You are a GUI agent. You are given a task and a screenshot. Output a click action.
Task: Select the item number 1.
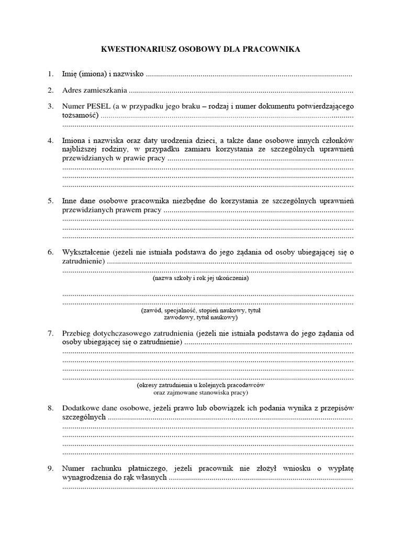tap(50, 75)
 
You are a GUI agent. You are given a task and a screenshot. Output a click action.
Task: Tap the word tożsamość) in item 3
tap(80, 115)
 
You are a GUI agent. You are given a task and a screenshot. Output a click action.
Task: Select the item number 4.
tap(50, 141)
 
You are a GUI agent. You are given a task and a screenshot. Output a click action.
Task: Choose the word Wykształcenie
tap(87, 252)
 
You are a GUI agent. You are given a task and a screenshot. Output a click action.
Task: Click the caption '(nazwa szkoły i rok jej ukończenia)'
tap(200, 278)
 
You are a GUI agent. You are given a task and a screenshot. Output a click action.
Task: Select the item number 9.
tap(50, 468)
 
